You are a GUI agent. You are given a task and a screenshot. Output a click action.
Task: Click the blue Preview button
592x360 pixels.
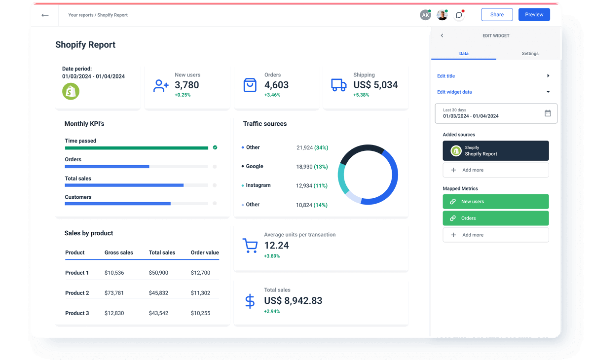pos(534,15)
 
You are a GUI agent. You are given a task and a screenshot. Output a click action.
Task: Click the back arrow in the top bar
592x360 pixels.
pos(45,15)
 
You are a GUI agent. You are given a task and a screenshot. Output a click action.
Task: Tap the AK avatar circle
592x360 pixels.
pos(425,15)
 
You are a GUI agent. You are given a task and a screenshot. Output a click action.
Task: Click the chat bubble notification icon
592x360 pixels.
pos(459,15)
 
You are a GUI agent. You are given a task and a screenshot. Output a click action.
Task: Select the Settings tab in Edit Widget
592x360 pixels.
pos(530,53)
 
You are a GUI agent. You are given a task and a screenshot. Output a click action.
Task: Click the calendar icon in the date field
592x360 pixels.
pos(548,113)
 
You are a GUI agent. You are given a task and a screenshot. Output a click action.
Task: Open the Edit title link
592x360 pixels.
pos(446,76)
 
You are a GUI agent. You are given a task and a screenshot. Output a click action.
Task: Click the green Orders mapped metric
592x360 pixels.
pos(495,218)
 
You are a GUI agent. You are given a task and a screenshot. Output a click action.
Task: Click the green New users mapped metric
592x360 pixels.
pos(495,201)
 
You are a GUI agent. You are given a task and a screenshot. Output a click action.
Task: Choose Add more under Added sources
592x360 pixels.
pos(495,170)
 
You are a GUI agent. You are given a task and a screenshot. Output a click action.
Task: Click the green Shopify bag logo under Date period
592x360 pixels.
pos(71,91)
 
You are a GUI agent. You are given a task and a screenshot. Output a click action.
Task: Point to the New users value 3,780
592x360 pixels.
pos(187,85)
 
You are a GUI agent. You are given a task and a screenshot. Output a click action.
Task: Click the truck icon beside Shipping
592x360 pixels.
pos(338,85)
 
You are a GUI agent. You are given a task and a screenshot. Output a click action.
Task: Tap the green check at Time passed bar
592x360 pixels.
pos(215,147)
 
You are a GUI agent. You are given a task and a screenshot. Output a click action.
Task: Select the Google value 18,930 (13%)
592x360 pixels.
pos(312,167)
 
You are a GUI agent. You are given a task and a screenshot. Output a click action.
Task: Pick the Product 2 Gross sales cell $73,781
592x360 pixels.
pos(114,293)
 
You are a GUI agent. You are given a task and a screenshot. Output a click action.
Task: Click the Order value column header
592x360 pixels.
pos(205,252)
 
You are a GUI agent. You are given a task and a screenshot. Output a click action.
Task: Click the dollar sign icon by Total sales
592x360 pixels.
pos(250,301)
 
